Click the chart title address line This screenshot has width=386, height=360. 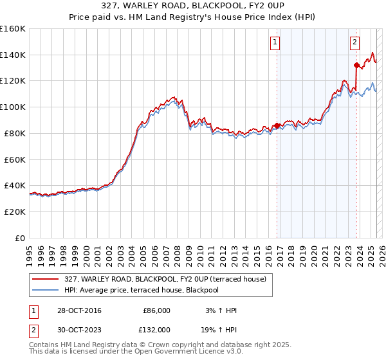[193, 5]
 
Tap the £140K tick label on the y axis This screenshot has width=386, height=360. [13, 55]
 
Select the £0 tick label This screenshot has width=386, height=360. [20, 238]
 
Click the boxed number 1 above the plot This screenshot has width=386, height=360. [275, 42]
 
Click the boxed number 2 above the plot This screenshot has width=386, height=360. [354, 42]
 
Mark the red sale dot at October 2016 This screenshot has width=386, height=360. [277, 125]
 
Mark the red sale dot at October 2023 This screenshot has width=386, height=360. [356, 64]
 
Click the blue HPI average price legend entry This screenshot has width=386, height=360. [142, 290]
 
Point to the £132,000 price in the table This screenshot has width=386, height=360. [156, 328]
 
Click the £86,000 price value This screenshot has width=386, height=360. [156, 310]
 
